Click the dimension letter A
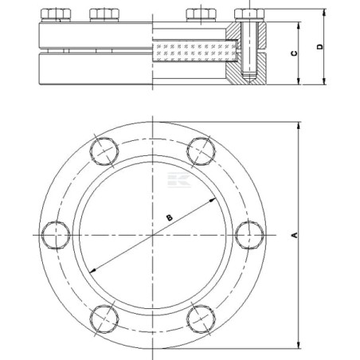pos(295,235)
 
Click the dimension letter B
pos(169,217)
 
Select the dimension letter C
pos(294,53)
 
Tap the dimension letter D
pos(320,46)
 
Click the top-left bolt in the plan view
pos(104,151)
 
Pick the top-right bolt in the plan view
pos(201,151)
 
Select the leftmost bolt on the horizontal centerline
pos(56,235)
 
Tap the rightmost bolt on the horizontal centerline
pos(249,235)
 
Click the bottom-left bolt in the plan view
pos(104,319)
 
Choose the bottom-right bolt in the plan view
pos(201,319)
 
